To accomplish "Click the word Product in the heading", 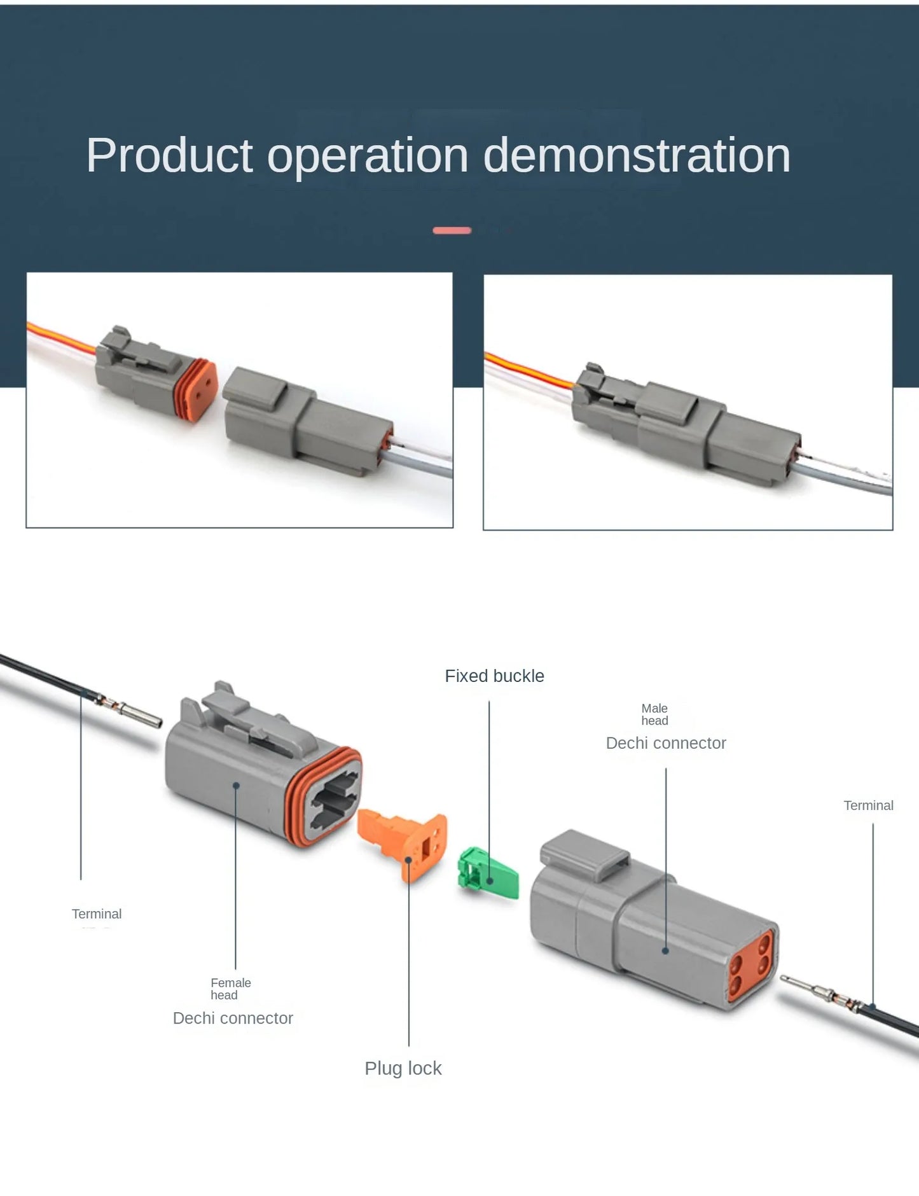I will coord(169,156).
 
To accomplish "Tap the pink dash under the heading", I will coord(452,230).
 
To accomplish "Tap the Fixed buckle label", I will coord(494,676).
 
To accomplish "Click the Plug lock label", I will coord(403,1068).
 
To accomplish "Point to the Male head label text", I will coord(654,714).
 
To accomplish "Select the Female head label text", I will coord(230,989).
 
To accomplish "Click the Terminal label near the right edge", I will coord(868,805).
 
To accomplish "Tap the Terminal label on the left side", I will coord(96,914).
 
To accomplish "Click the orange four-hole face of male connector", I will coord(750,965).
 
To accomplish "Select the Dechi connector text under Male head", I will coord(665,743).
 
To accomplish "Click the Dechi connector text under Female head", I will coord(233,1018).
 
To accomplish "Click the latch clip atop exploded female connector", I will coord(254,719).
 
